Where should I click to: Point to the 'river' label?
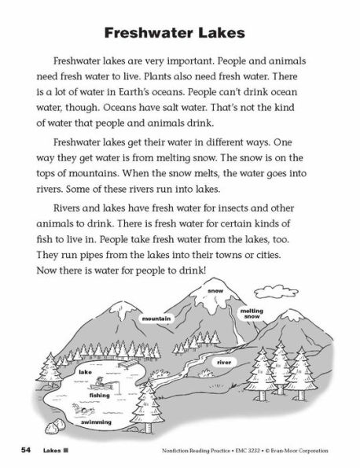[x=224, y=362]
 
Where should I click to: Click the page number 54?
[x=27, y=450]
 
